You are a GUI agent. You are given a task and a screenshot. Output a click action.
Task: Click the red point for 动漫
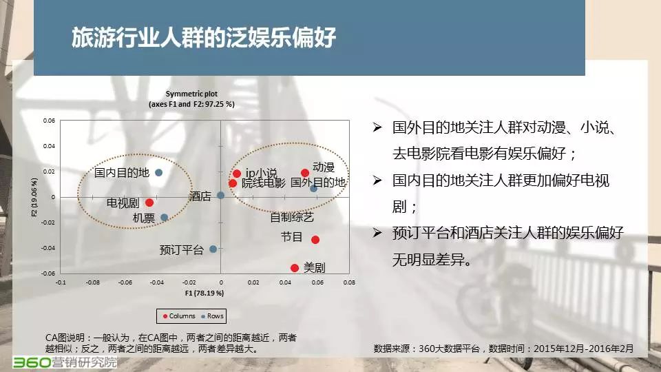click(305, 173)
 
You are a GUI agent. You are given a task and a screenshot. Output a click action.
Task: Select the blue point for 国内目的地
click(158, 172)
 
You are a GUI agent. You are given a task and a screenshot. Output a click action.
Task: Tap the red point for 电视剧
click(149, 203)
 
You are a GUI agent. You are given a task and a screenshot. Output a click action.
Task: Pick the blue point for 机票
click(165, 218)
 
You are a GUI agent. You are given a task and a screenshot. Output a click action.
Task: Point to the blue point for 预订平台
click(213, 249)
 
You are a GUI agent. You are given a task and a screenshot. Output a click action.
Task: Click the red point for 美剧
click(295, 268)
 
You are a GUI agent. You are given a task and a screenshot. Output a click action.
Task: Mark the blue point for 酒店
click(220, 195)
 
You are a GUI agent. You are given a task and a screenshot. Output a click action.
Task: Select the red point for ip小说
click(237, 174)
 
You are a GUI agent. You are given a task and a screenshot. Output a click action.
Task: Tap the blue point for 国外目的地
click(314, 189)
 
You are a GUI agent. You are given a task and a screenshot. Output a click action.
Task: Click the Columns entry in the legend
click(179, 316)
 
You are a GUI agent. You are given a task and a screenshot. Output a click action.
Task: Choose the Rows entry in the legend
click(213, 316)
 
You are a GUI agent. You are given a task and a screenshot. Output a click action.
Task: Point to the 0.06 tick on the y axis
click(49, 121)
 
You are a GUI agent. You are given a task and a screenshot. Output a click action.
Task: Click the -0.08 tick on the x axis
click(93, 282)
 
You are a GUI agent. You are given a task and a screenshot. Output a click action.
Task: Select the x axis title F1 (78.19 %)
click(204, 293)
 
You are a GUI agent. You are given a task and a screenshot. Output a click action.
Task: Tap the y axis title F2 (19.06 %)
click(34, 197)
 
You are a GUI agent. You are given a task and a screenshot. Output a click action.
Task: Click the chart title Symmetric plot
click(191, 94)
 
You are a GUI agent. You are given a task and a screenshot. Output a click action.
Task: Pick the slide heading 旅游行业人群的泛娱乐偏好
click(204, 37)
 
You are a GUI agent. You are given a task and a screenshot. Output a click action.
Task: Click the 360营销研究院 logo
click(65, 362)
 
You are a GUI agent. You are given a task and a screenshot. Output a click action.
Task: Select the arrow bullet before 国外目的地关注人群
click(377, 127)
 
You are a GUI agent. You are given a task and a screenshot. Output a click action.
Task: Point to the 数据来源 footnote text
click(503, 349)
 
